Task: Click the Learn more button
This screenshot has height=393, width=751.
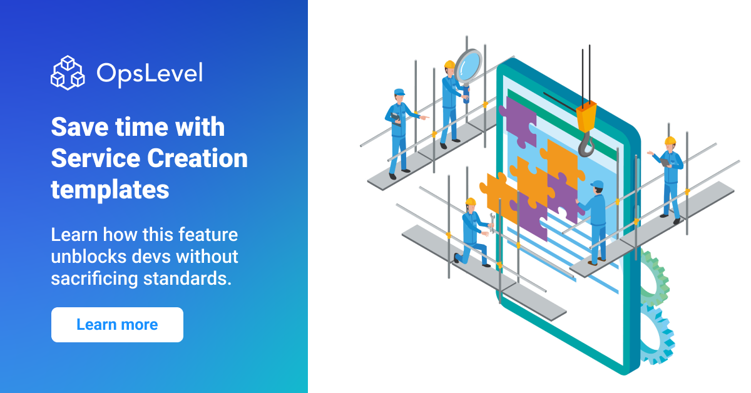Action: pyautogui.click(x=117, y=325)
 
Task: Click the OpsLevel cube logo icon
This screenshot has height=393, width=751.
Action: pyautogui.click(x=68, y=73)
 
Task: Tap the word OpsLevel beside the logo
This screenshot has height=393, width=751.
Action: pyautogui.click(x=150, y=73)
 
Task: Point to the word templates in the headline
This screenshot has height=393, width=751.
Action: pyautogui.click(x=110, y=188)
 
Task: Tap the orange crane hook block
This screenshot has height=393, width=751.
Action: pyautogui.click(x=586, y=117)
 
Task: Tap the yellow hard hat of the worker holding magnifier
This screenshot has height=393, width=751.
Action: pyautogui.click(x=449, y=64)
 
